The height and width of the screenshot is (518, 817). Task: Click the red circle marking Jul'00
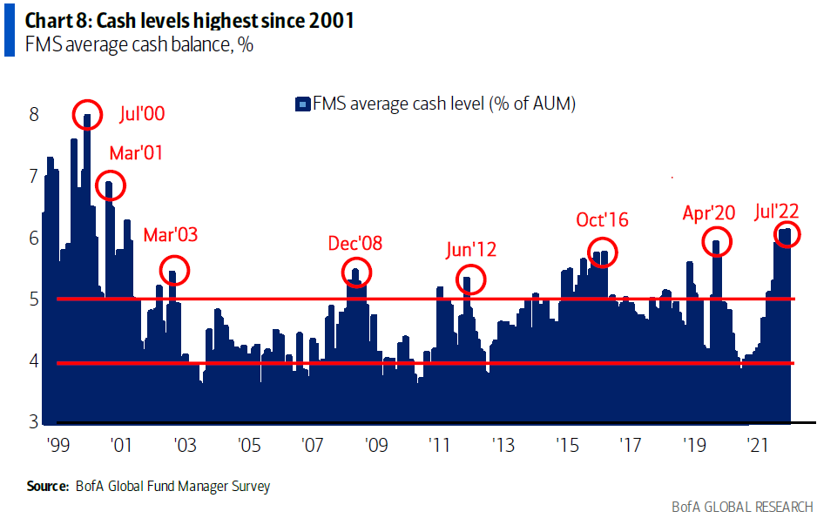pyautogui.click(x=87, y=116)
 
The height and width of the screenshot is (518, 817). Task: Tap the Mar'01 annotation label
pyautogui.click(x=136, y=153)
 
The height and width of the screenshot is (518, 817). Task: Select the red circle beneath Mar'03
pyautogui.click(x=173, y=272)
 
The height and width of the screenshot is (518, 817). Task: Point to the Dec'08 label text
pyautogui.click(x=354, y=243)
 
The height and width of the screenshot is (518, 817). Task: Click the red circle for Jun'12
pyautogui.click(x=470, y=279)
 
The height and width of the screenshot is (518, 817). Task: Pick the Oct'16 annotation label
pyautogui.click(x=602, y=219)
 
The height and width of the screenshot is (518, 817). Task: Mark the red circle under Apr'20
pyautogui.click(x=716, y=242)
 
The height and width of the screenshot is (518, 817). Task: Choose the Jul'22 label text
pyautogui.click(x=776, y=211)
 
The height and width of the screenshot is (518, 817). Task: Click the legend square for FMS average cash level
pyautogui.click(x=301, y=105)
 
